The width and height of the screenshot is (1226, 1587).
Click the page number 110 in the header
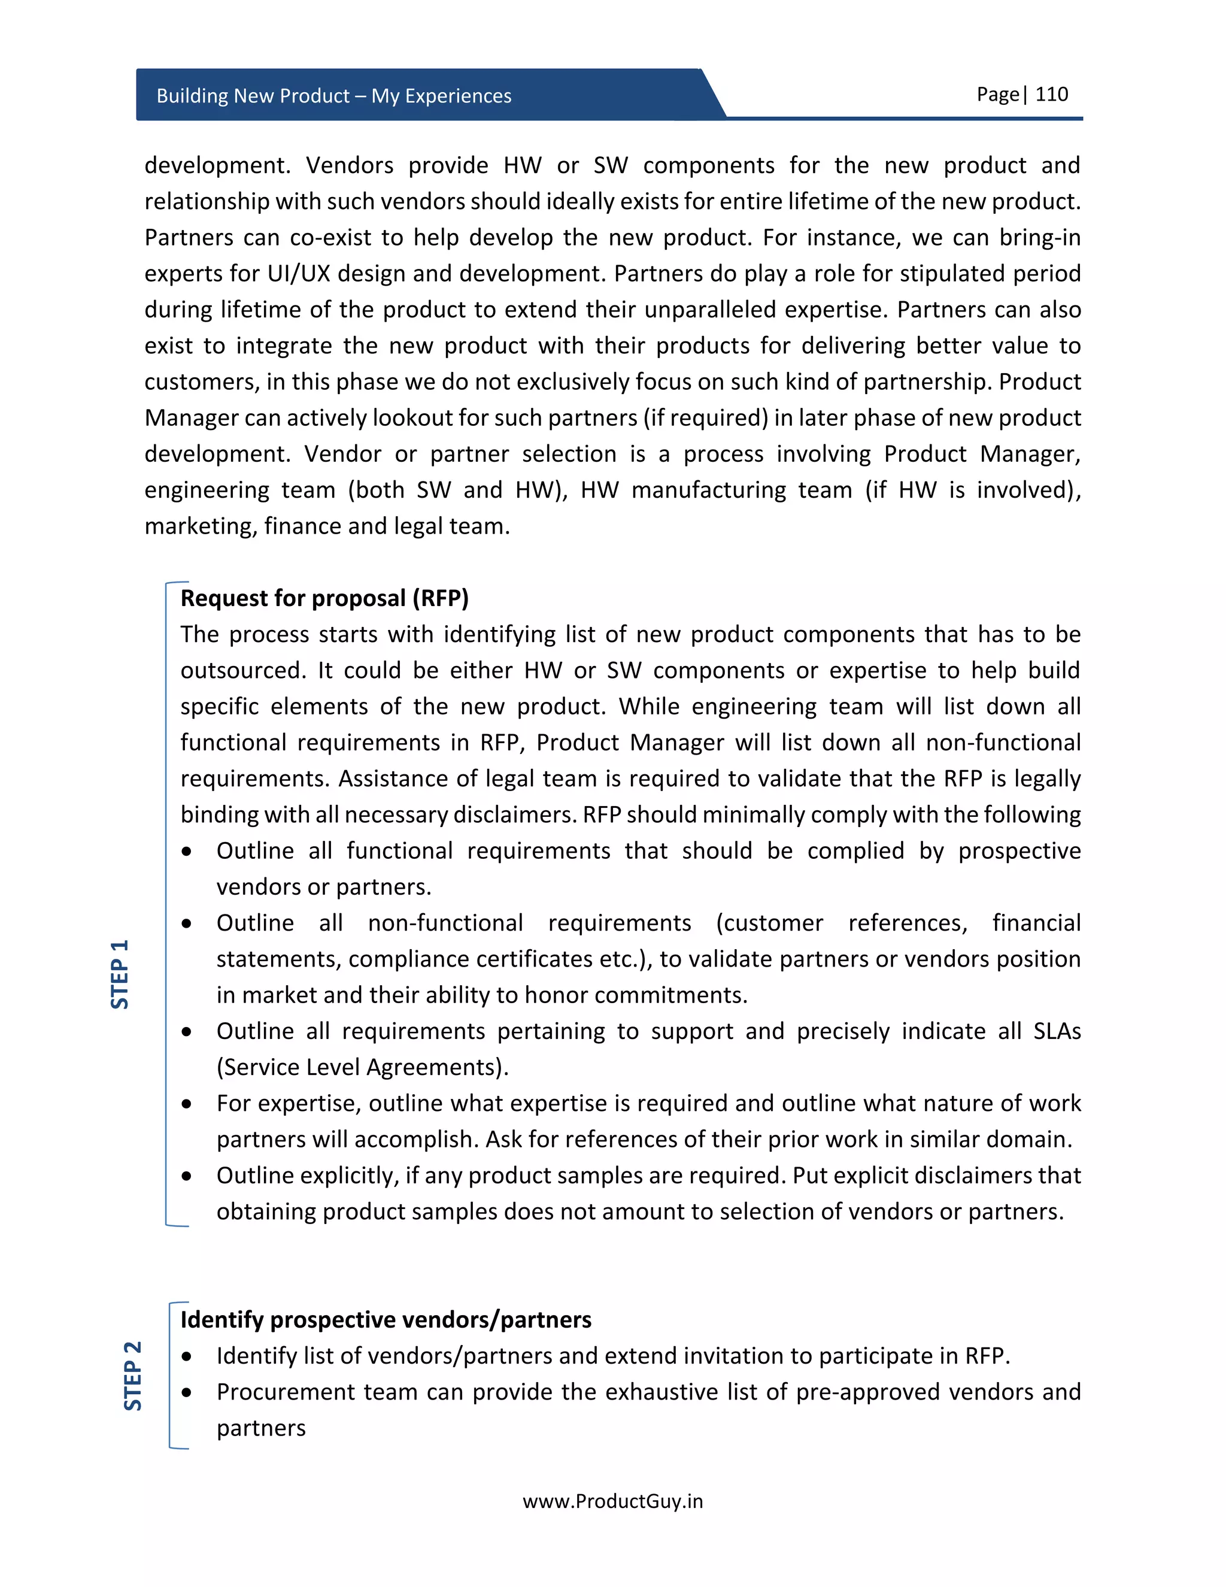point(1051,95)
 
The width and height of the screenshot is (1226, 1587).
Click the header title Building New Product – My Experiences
point(333,96)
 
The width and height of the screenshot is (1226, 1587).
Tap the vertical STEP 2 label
point(133,1376)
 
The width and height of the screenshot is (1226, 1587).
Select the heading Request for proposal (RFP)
point(324,598)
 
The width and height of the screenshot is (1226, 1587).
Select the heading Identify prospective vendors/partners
point(386,1319)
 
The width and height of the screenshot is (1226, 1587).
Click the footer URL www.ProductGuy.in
point(612,1501)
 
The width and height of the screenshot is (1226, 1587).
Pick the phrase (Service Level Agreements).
point(362,1067)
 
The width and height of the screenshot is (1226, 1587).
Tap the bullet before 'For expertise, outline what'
point(187,1104)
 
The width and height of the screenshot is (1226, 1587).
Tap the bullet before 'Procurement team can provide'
point(187,1392)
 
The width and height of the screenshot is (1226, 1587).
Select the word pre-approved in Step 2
point(868,1392)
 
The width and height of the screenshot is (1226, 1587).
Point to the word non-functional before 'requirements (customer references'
point(445,923)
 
